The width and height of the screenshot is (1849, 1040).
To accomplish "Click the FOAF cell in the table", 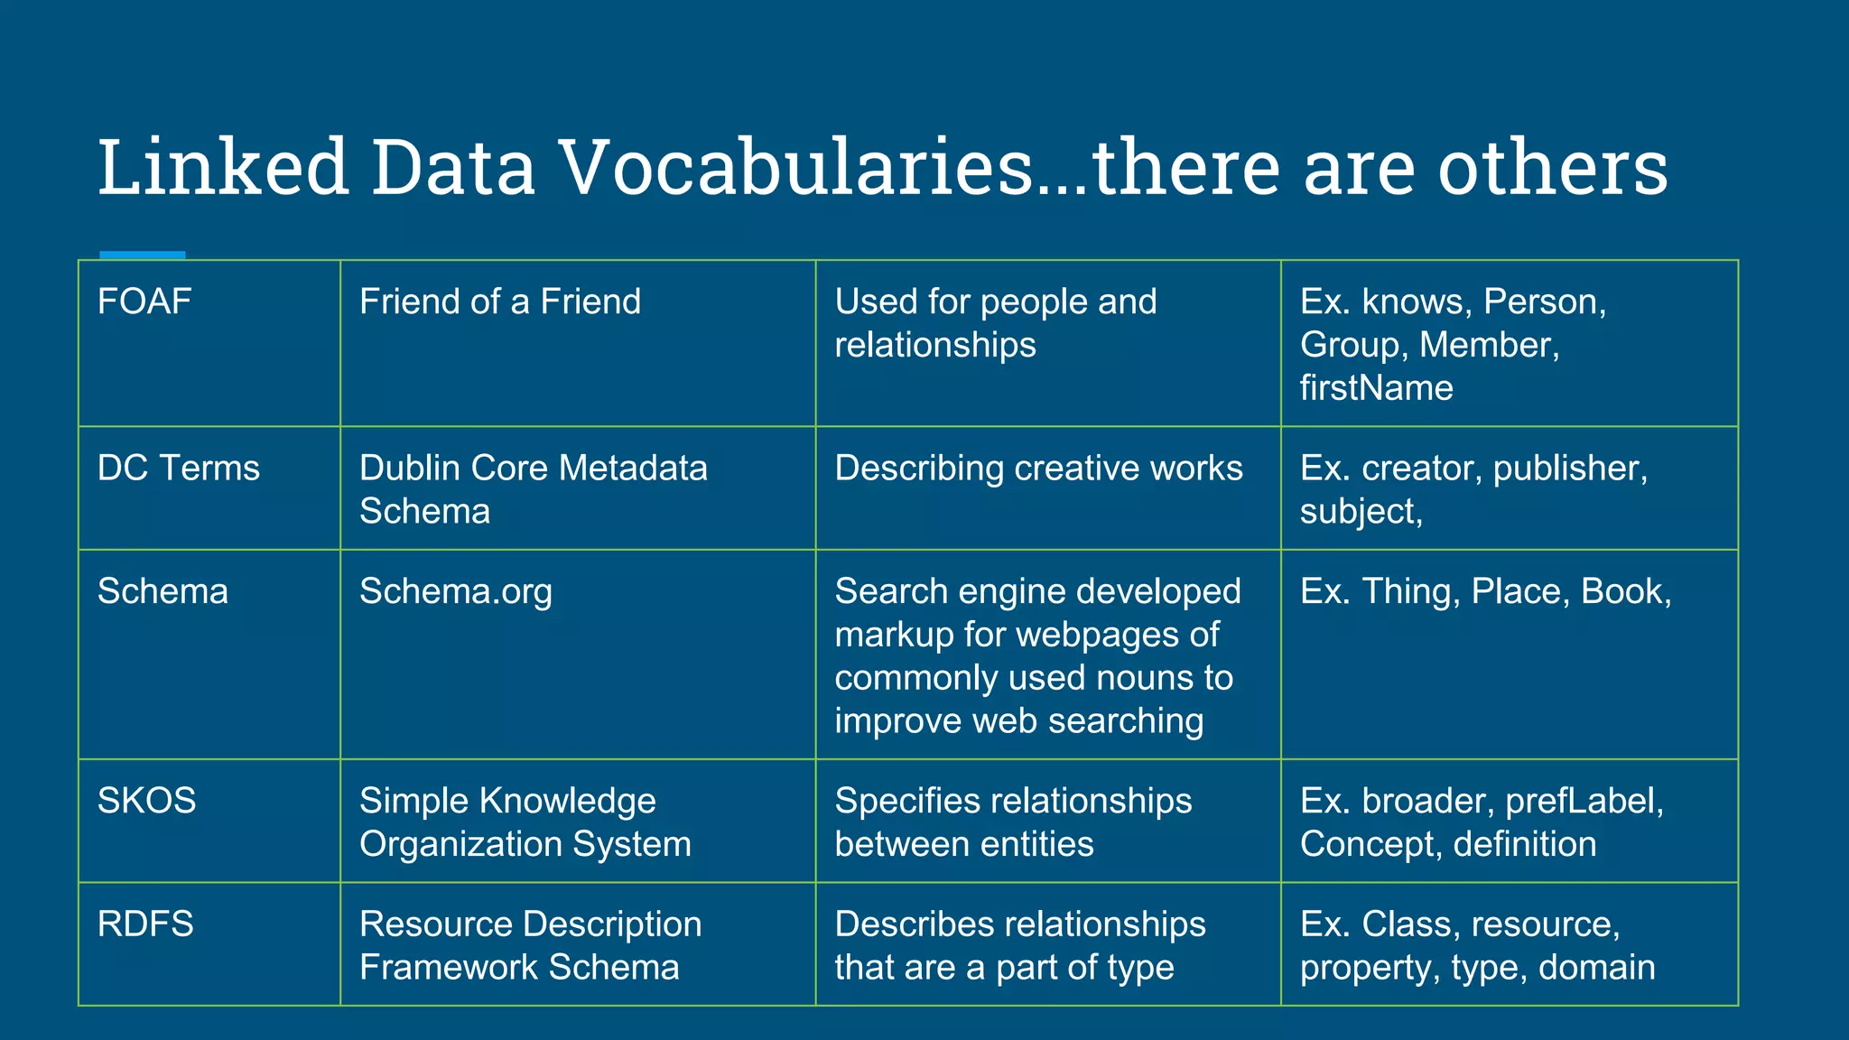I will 144,302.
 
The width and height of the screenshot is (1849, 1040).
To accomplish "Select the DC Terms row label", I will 178,469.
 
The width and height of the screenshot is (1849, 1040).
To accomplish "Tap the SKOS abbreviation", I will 146,801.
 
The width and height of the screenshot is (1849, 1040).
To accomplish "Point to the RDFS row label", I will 145,924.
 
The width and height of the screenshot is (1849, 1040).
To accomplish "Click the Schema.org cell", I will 455,591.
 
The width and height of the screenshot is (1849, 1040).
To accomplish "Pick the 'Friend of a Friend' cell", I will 499,302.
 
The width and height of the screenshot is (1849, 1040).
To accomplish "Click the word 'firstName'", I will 1376,388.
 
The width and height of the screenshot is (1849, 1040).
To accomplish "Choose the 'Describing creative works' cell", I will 1038,469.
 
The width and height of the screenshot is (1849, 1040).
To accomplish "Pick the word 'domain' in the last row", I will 1596,968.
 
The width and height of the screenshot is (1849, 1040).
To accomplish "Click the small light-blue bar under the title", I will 142,255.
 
